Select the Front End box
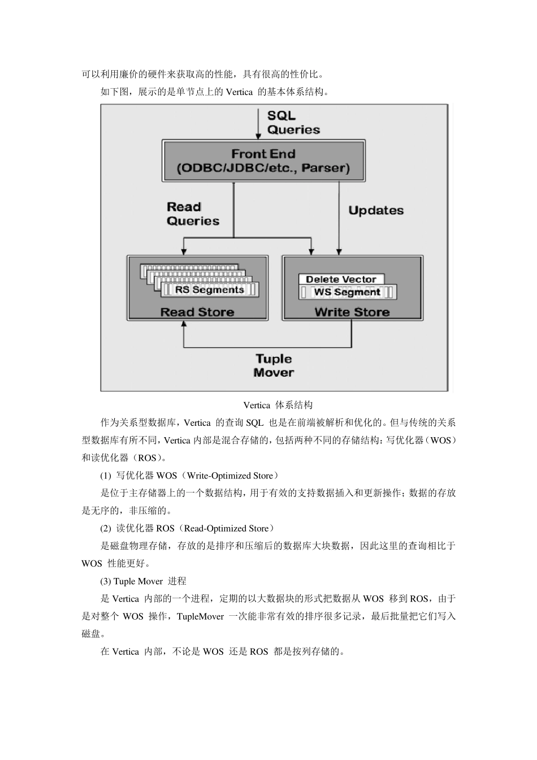[263, 161]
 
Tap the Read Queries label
[192, 214]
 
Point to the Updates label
[376, 210]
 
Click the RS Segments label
[209, 290]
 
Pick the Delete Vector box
[341, 279]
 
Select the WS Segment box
[347, 292]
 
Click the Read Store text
[197, 312]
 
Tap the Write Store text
[352, 312]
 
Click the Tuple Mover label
[274, 365]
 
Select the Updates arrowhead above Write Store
[339, 251]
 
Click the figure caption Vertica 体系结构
[278, 405]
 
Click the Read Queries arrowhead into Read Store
[183, 251]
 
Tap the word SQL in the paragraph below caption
[255, 422]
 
